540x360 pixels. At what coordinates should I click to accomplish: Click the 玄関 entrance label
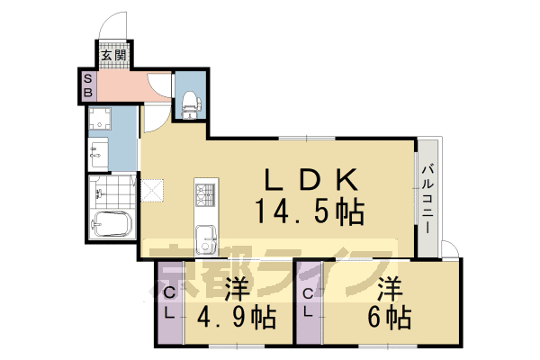112,56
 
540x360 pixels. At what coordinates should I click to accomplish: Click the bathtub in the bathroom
113,226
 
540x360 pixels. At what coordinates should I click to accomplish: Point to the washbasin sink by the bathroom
99,153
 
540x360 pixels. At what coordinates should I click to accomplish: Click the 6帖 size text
388,318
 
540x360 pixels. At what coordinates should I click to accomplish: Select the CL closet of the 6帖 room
309,302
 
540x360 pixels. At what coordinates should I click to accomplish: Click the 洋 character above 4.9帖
235,289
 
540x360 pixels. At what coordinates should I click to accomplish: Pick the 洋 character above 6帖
389,289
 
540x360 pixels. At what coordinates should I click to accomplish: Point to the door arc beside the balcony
451,249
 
